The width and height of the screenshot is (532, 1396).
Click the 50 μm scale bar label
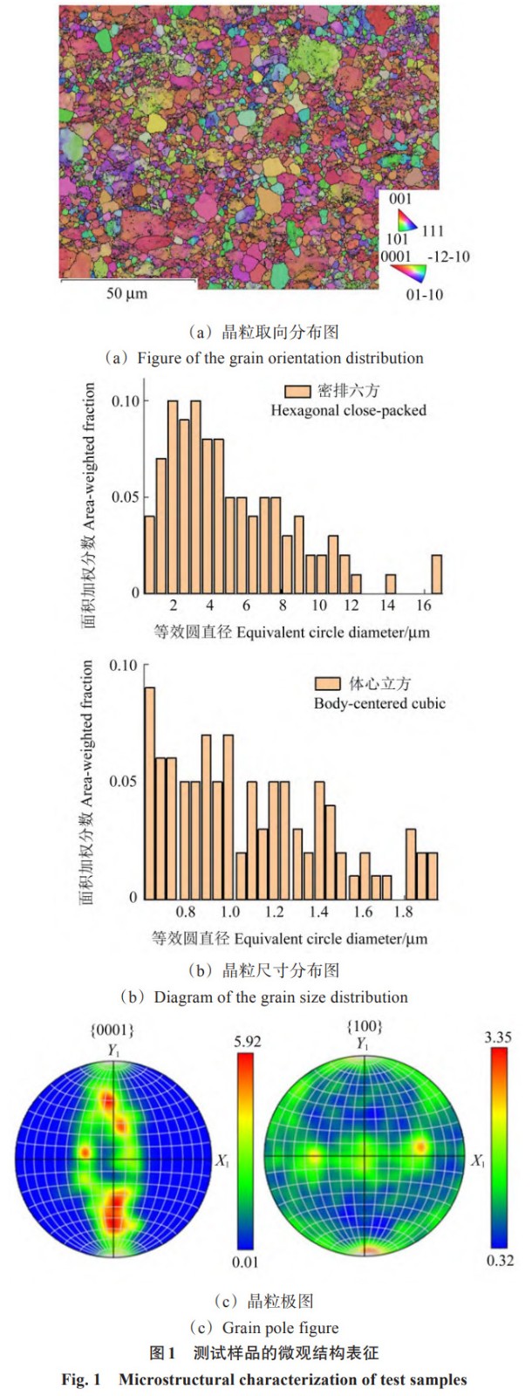127,293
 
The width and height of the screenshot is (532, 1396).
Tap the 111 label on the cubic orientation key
433,231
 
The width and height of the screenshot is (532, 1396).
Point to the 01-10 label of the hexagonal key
425,295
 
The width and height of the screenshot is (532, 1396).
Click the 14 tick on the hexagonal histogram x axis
387,606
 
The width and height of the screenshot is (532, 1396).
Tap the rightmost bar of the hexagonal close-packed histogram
436,573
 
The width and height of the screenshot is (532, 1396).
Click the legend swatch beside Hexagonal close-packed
297,391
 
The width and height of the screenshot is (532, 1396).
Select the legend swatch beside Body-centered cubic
327,683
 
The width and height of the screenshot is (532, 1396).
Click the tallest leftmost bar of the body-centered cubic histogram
149,792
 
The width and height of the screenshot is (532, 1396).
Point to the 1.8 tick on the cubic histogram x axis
403,912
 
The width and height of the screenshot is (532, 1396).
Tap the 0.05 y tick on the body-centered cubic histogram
123,781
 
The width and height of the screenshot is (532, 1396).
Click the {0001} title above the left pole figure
113,1030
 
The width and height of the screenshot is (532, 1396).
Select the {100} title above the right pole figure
365,1026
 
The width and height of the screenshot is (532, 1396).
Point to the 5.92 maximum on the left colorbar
248,1041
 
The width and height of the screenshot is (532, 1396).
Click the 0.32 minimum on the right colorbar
500,1260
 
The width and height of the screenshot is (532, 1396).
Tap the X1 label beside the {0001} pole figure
222,1160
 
